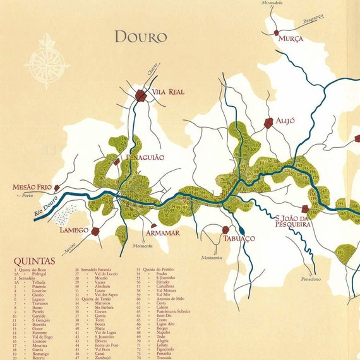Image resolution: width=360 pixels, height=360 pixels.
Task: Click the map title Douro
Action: point(140,37)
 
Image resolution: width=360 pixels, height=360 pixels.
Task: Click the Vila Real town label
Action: point(167,92)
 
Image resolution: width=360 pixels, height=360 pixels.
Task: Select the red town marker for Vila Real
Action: point(140,95)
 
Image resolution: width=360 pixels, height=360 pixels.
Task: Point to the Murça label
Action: point(291,39)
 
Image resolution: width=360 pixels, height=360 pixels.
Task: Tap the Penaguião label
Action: point(145,156)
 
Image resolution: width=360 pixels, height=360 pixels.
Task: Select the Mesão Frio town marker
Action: point(57,188)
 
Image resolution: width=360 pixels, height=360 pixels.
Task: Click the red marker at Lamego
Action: point(95,231)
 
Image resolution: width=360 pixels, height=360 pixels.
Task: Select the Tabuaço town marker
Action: point(226,230)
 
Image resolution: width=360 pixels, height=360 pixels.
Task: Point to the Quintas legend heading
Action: point(34,261)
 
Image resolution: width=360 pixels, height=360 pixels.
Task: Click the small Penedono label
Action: point(311,279)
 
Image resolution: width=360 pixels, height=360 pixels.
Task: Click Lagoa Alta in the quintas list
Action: point(167,323)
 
